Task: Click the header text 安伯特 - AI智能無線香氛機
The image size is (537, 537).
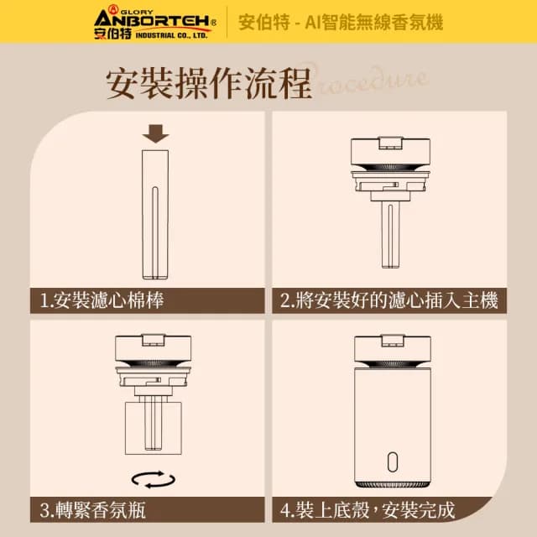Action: pyautogui.click(x=341, y=22)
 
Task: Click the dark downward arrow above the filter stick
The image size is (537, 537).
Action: pyautogui.click(x=155, y=133)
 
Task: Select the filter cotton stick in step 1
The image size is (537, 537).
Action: pyautogui.click(x=155, y=213)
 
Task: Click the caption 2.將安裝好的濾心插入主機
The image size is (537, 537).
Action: pyautogui.click(x=388, y=300)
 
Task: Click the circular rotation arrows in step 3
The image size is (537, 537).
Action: pyautogui.click(x=154, y=479)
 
